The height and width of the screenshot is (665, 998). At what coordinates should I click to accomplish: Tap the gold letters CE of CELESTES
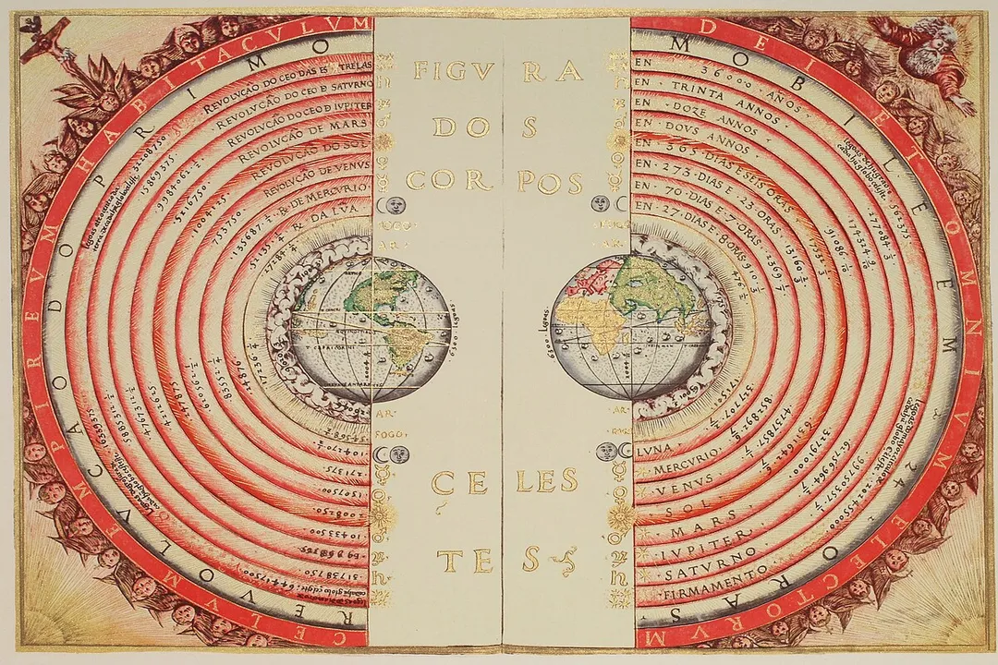point(459,481)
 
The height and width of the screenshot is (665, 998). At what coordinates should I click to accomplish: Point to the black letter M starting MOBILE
point(683,44)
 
